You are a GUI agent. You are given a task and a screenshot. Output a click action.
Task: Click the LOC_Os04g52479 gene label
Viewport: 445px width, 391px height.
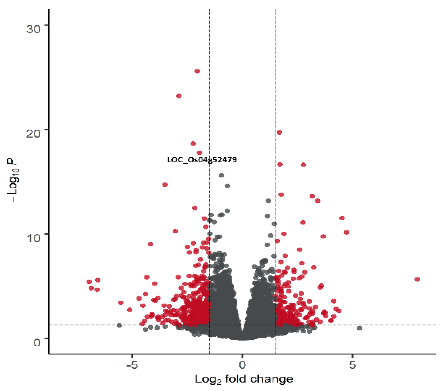tap(202, 160)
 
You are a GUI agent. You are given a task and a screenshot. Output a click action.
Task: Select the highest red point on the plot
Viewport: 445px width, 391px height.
tap(197, 71)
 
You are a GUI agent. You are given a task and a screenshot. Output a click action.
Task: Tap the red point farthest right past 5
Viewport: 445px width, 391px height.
tap(417, 279)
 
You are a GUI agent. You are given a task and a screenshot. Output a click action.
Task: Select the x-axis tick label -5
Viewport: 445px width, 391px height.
tap(132, 365)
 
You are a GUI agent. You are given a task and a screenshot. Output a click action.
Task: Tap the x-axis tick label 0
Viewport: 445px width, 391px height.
tap(242, 365)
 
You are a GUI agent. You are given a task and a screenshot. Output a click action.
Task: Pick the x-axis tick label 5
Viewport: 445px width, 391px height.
tap(352, 365)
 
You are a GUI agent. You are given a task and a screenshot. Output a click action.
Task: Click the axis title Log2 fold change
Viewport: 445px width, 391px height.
tap(244, 379)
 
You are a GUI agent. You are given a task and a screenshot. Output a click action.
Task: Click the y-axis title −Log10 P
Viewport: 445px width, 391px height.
tap(13, 181)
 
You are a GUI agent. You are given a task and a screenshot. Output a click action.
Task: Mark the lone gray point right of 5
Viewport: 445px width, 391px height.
tap(360, 328)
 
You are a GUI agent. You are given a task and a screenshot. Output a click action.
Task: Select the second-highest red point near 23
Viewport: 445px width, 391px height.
tap(179, 96)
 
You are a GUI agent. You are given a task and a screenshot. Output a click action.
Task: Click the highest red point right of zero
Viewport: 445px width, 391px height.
tap(279, 132)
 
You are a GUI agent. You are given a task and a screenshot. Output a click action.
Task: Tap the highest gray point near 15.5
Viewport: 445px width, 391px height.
tap(221, 175)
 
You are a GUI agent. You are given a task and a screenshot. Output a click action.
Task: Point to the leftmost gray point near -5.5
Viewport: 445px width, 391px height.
tap(119, 325)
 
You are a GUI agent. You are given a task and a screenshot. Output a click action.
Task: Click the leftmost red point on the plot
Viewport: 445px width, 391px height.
tap(89, 282)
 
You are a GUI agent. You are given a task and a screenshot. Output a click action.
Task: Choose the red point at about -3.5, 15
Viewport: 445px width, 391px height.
tap(165, 185)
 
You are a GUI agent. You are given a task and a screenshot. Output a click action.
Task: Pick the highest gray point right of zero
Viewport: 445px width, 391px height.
tap(268, 201)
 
